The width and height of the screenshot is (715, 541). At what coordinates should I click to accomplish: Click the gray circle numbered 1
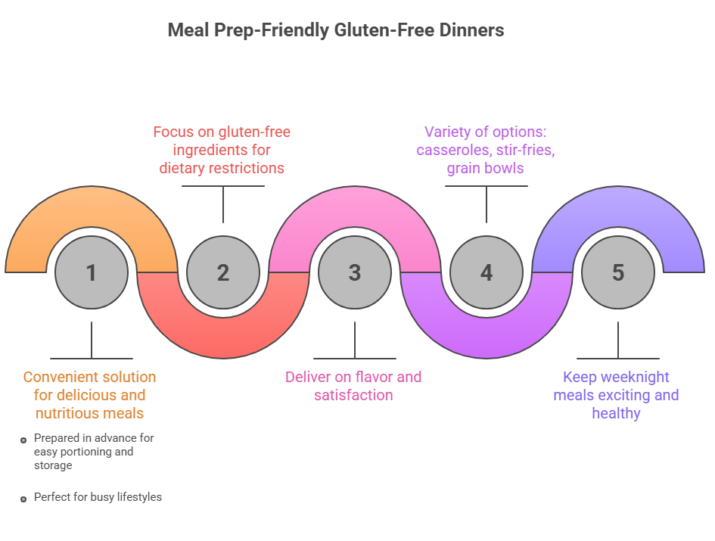pyautogui.click(x=92, y=272)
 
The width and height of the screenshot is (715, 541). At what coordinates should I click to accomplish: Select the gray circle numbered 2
pyautogui.click(x=223, y=272)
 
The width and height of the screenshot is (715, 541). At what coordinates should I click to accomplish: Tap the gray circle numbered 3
pyautogui.click(x=355, y=272)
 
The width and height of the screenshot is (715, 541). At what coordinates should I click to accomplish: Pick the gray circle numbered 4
pyautogui.click(x=487, y=272)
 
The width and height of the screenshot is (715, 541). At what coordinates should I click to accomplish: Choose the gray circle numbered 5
pyautogui.click(x=618, y=272)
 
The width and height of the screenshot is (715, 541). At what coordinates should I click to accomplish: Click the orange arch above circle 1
pyautogui.click(x=92, y=204)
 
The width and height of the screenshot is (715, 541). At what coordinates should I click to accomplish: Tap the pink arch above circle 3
pyautogui.click(x=355, y=204)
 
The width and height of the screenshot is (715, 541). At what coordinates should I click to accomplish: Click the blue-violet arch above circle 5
pyautogui.click(x=618, y=204)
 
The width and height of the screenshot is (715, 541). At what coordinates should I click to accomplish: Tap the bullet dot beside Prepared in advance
pyautogui.click(x=24, y=439)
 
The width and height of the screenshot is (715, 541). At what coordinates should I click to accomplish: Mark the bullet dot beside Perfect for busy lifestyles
pyautogui.click(x=24, y=499)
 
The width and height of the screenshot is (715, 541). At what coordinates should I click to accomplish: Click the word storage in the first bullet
pyautogui.click(x=53, y=465)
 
